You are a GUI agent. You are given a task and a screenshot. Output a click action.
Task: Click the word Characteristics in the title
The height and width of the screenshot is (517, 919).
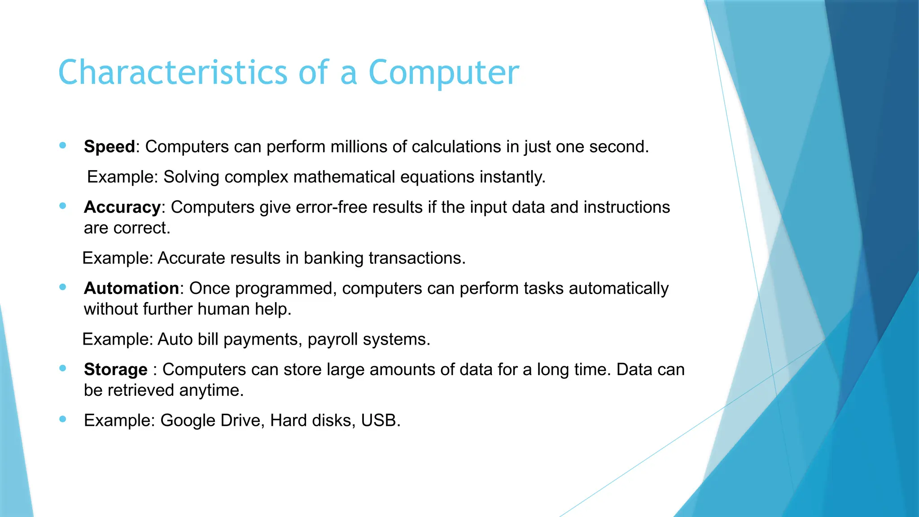[x=172, y=73]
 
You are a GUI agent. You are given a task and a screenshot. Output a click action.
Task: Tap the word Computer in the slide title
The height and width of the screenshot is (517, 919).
[x=443, y=73]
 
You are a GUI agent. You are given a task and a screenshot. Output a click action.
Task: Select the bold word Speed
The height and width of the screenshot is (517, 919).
[x=109, y=147]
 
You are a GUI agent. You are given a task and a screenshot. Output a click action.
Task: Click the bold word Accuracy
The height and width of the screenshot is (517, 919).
[x=122, y=207]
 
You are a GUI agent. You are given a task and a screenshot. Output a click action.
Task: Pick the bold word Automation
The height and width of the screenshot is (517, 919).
[x=131, y=289]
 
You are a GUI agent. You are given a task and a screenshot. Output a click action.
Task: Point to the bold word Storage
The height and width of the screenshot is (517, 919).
[x=115, y=370]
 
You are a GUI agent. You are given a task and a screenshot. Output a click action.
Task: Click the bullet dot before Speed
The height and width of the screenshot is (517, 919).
[x=63, y=145]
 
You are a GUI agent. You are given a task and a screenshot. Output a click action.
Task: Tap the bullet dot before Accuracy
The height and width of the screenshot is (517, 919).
[x=63, y=206]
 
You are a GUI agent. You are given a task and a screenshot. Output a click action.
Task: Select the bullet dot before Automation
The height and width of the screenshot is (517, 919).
[x=63, y=287]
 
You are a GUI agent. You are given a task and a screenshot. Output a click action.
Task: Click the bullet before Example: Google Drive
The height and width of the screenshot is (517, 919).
[x=63, y=419]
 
